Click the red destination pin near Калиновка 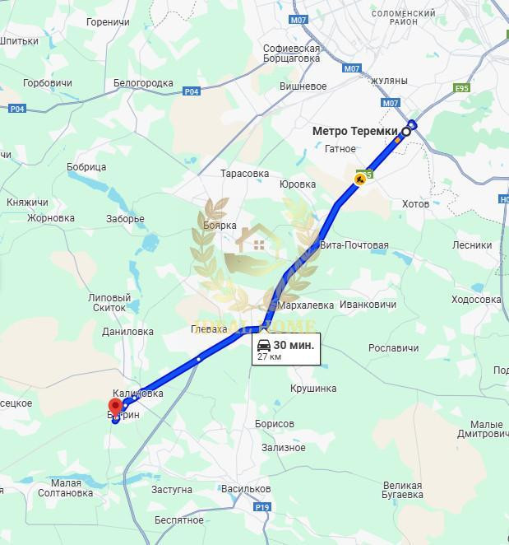(116, 406)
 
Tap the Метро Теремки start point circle (406, 131)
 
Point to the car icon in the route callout (263, 345)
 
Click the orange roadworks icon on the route (360, 179)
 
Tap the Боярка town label (220, 226)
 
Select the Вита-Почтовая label (354, 245)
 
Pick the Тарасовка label (244, 174)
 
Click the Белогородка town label (143, 83)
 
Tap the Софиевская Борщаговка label (291, 54)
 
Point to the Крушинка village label (313, 389)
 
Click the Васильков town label (246, 489)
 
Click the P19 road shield (262, 507)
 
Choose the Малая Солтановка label (66, 488)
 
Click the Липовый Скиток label (109, 302)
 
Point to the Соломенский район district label (403, 17)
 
